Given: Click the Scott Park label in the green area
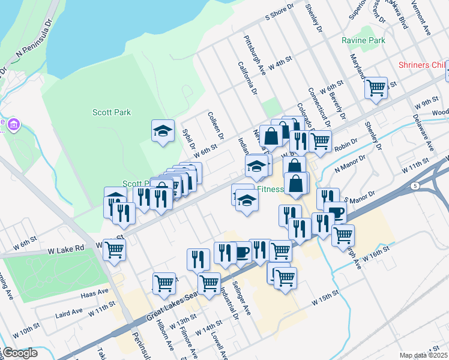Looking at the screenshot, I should (112, 112).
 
